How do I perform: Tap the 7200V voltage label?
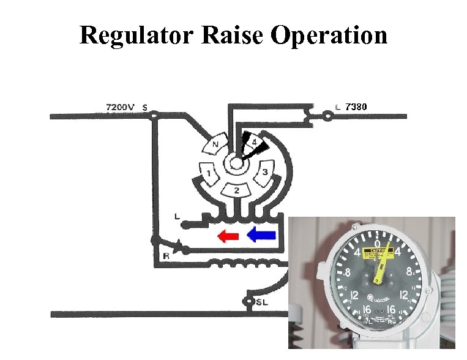(120, 107)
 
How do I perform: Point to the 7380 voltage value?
(356, 107)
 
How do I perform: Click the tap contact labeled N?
(215, 146)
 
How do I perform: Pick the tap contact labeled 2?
(236, 190)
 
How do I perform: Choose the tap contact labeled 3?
(265, 171)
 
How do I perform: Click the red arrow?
(228, 234)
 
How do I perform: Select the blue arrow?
(262, 234)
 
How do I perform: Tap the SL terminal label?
(261, 302)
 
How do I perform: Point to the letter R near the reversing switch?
(166, 257)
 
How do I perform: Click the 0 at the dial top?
(378, 243)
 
